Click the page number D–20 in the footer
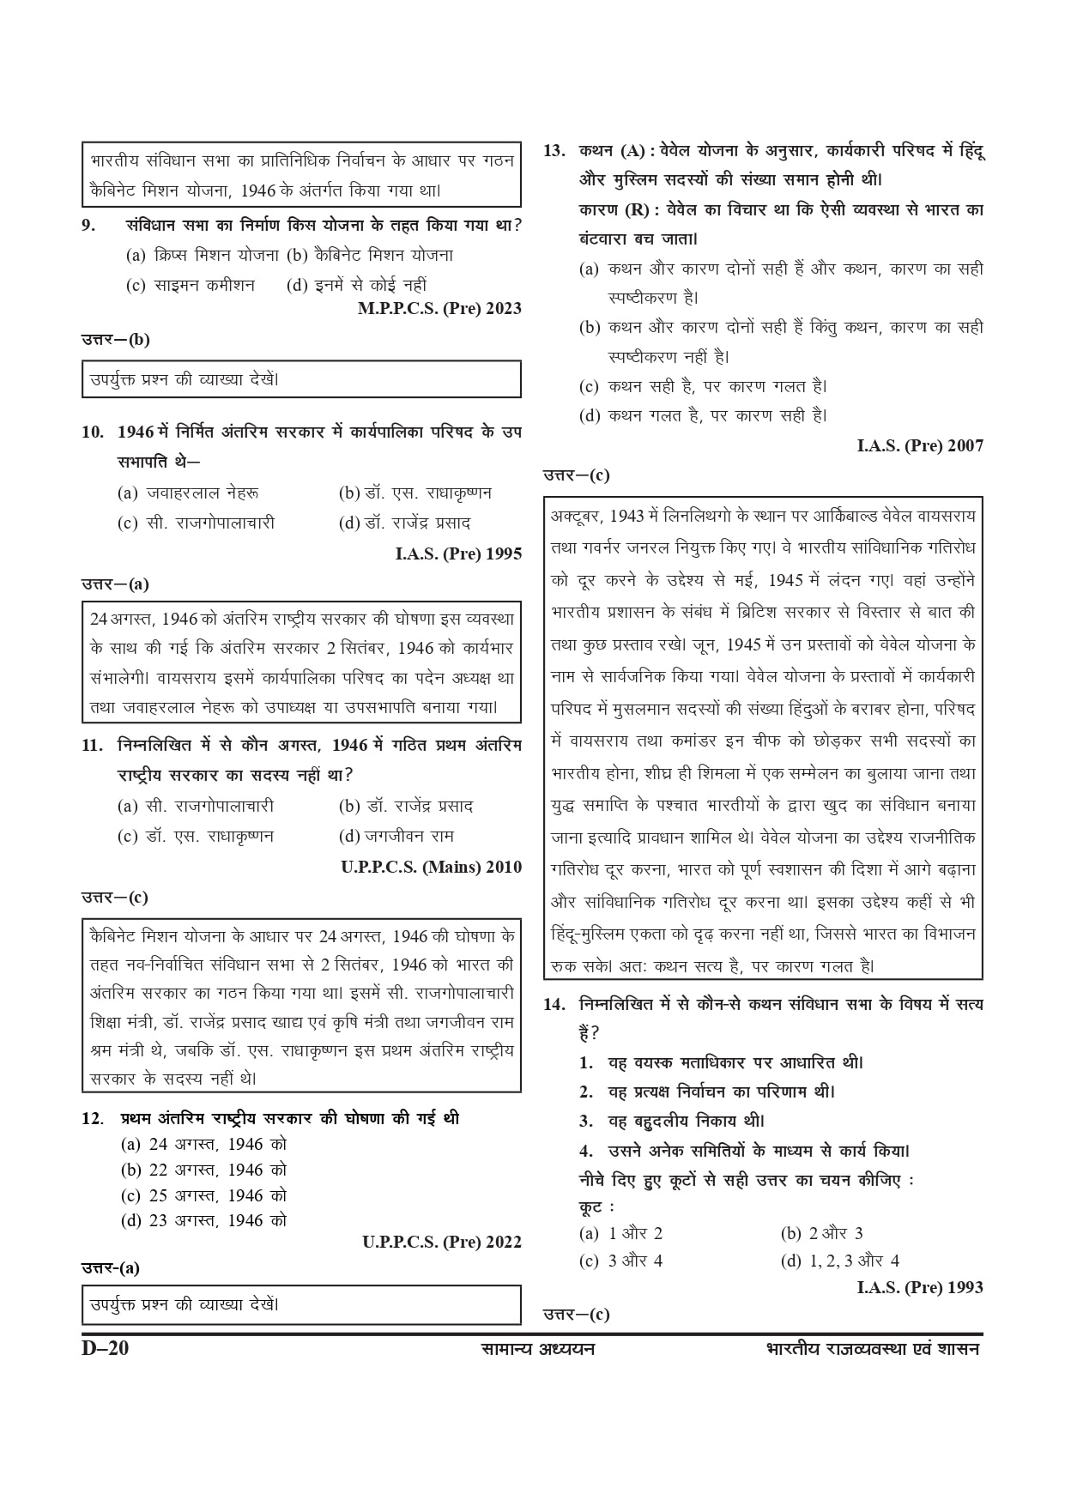(105, 1348)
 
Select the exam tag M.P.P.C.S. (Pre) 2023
(439, 309)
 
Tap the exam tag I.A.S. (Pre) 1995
(458, 554)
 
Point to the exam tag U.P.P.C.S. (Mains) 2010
(431, 868)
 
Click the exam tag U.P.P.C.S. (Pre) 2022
(441, 1242)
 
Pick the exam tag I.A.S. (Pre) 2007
(920, 445)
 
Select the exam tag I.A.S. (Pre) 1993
(920, 1287)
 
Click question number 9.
(88, 226)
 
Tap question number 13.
(554, 151)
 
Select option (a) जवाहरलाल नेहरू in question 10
(189, 493)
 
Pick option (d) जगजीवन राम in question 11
(396, 836)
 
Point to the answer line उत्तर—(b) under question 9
(116, 339)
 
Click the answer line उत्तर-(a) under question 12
(111, 1268)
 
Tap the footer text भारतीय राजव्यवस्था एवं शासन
(872, 1349)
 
